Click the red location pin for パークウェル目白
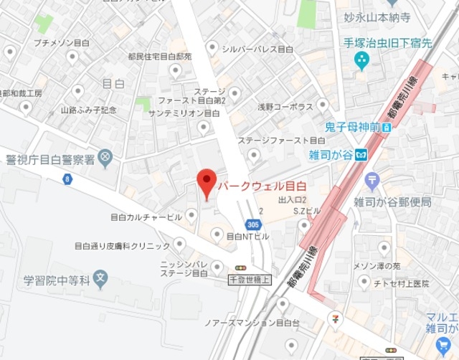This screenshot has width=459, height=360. tap(207, 184)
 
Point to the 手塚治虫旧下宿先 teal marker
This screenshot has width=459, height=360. tap(361, 62)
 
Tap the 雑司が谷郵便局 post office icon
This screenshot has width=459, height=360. tap(372, 179)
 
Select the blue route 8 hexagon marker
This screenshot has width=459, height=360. tap(67, 179)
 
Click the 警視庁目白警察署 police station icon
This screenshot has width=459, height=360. tap(105, 156)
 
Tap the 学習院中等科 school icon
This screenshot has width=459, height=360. tap(101, 276)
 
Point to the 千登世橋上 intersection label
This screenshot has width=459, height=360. tap(250, 278)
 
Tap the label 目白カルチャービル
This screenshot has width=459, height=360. tap(146, 216)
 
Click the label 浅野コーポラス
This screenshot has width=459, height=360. tap(285, 107)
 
